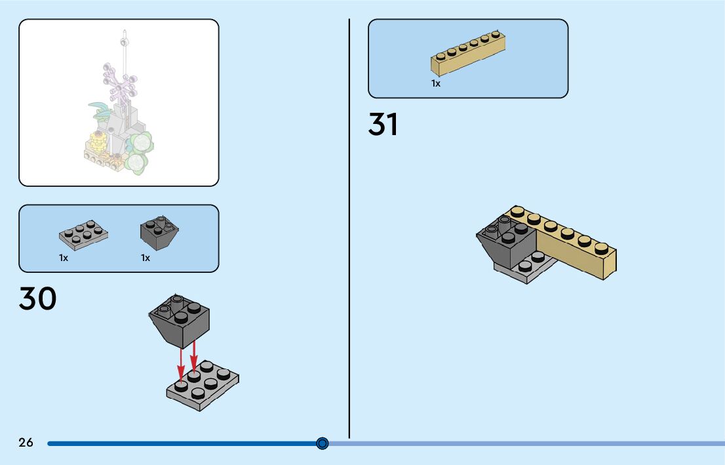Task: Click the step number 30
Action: point(38,298)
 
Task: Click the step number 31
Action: point(383,125)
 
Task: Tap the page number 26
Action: point(26,443)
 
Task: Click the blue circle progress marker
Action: point(322,443)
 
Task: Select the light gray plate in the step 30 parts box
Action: point(83,235)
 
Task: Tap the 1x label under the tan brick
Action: point(436,83)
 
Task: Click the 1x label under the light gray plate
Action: point(64,258)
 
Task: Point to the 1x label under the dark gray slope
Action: point(146,258)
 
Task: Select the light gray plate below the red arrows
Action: point(203,386)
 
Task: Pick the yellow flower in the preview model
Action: point(98,140)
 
